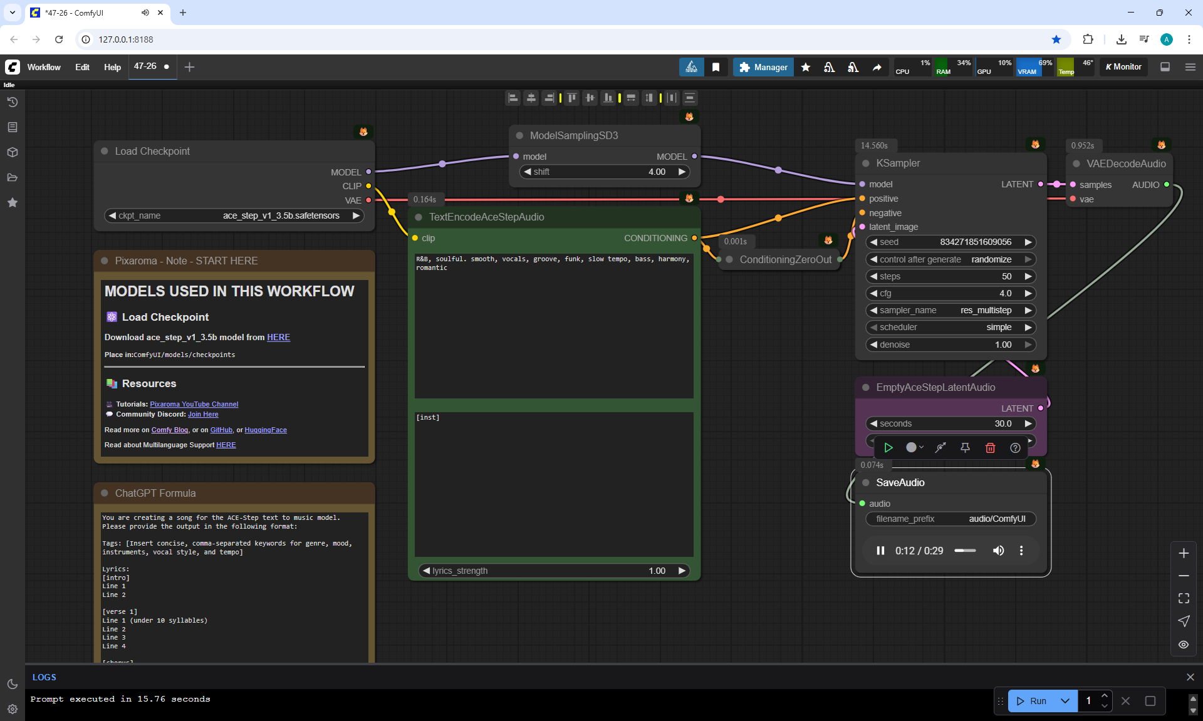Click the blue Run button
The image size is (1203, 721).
coord(1032,701)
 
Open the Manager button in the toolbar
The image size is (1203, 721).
coord(763,67)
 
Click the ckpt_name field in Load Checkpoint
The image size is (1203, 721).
coord(234,215)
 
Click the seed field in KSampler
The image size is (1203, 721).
coord(950,242)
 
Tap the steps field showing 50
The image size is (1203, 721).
coord(950,276)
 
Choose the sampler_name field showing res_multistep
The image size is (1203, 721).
coord(950,310)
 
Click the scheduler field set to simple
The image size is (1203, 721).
coord(950,327)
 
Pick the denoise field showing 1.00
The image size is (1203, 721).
coord(950,345)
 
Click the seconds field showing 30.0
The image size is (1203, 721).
coord(950,423)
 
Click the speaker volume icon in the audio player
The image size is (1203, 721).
coord(998,551)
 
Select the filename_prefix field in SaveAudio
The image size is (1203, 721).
coord(950,519)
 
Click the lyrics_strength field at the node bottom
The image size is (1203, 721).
coord(554,571)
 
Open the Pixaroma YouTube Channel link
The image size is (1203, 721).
coord(194,404)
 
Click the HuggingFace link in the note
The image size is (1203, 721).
coord(266,430)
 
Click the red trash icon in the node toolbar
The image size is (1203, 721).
coord(990,447)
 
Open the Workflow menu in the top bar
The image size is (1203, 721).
coord(44,67)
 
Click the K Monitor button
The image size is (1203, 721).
coord(1124,67)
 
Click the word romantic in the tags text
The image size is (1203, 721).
coord(432,268)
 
